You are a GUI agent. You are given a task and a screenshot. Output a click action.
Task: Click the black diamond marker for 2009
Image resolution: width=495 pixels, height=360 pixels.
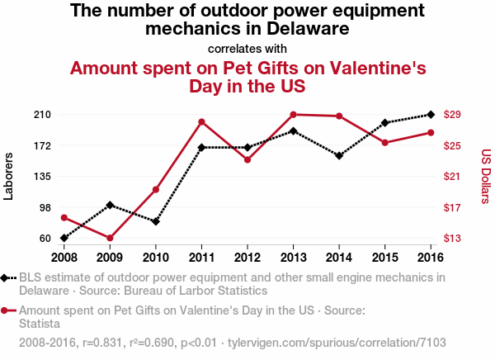(x=110, y=205)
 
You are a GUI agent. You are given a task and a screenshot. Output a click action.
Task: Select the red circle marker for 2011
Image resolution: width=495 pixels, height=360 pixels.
(x=201, y=122)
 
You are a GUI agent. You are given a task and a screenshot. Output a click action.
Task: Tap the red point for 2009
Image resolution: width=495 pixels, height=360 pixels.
(x=110, y=238)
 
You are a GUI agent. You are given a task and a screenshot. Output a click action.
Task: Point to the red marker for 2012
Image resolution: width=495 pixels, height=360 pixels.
(x=247, y=159)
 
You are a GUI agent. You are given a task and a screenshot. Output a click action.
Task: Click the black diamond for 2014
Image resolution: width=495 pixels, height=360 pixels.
(x=339, y=155)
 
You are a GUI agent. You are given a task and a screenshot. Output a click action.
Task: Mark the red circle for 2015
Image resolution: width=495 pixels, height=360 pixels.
(x=385, y=143)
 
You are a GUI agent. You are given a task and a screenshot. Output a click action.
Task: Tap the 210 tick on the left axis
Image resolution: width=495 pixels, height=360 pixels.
(x=41, y=114)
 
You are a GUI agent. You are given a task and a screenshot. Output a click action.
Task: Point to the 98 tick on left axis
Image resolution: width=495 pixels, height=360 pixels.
(x=44, y=207)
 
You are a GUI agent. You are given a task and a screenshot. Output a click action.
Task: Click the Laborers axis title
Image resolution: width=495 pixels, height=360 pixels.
(x=9, y=176)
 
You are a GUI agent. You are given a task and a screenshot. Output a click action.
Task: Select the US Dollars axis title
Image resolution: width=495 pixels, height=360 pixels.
(x=486, y=176)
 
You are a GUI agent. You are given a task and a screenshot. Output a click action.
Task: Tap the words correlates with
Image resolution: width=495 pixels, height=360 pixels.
(x=247, y=48)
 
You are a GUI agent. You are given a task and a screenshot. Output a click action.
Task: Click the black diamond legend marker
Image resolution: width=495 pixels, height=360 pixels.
(x=6, y=278)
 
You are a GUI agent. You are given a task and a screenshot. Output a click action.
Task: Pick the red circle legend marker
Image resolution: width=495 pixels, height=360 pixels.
(x=6, y=311)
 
